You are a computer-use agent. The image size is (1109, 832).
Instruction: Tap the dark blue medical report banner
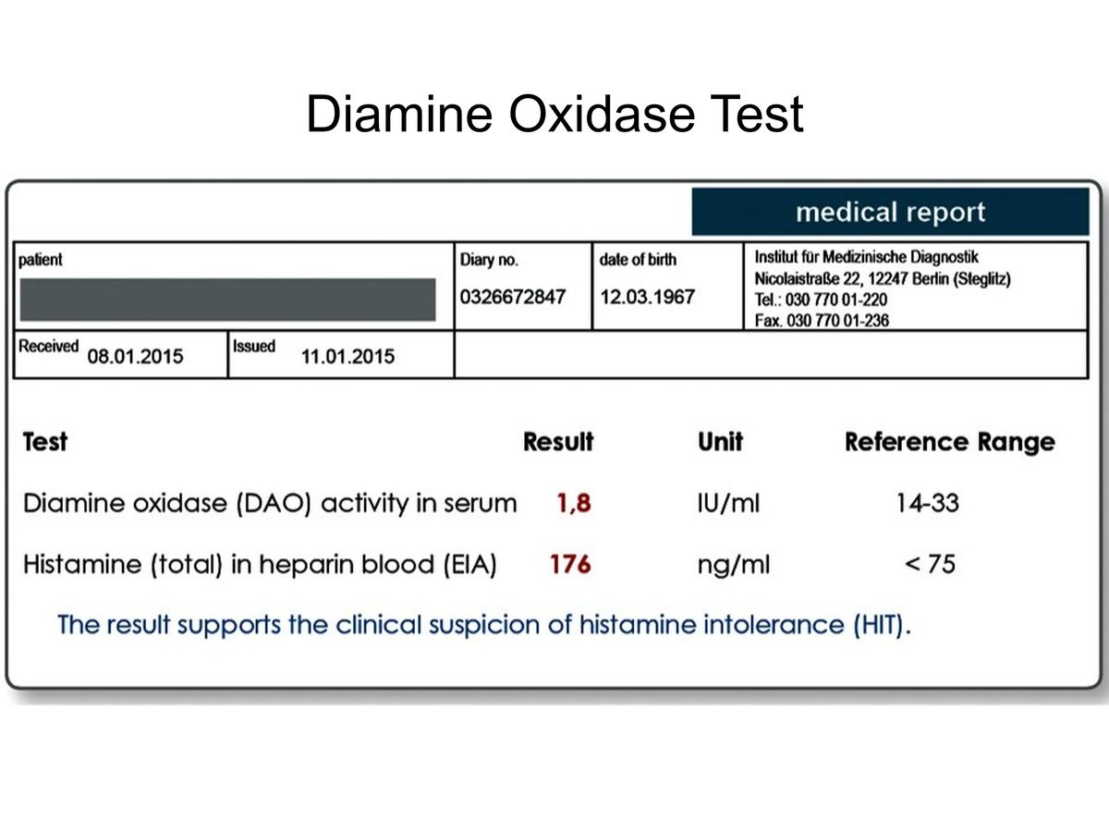[890, 212]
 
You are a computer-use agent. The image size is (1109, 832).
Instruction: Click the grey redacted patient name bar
[227, 299]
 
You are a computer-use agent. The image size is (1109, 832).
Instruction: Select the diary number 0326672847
[512, 297]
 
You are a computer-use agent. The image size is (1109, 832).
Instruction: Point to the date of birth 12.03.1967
[647, 297]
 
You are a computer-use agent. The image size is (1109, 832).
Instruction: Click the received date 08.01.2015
[135, 357]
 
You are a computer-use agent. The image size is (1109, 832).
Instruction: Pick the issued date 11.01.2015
[347, 357]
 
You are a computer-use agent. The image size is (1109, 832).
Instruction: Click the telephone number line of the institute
[821, 300]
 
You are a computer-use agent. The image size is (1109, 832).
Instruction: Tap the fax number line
[822, 320]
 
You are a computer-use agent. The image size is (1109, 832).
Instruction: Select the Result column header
[558, 442]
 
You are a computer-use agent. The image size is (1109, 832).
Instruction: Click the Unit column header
[720, 442]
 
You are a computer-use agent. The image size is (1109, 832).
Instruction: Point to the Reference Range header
[950, 443]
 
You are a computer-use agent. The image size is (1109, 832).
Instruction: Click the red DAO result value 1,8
[574, 503]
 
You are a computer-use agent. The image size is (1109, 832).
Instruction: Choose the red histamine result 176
[570, 564]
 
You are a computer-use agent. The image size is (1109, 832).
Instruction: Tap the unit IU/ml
[728, 503]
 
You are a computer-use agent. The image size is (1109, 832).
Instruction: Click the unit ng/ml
[734, 565]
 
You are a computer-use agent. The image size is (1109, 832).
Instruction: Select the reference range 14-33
[928, 503]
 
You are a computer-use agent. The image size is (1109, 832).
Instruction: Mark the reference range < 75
[930, 564]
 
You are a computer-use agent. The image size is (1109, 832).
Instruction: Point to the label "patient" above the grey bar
[40, 260]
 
